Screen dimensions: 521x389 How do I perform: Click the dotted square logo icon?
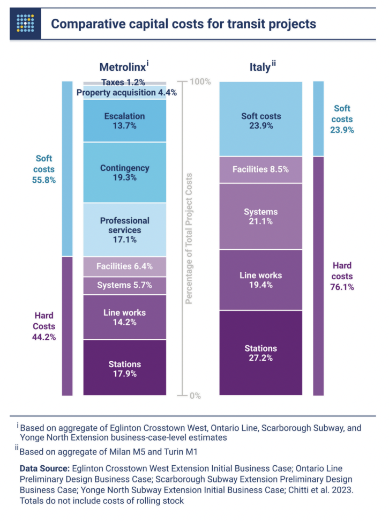25,24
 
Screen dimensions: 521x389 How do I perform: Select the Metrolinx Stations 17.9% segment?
124,368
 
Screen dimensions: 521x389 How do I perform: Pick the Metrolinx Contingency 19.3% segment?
124,172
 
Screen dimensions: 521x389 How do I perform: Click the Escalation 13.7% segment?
124,120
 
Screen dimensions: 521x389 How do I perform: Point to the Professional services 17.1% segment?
124,229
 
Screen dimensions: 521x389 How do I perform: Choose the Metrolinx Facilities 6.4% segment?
124,266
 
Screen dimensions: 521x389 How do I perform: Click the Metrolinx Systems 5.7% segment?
124,285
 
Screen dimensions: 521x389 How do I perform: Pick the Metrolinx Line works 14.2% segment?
124,317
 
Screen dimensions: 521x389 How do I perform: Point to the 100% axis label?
200,82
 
